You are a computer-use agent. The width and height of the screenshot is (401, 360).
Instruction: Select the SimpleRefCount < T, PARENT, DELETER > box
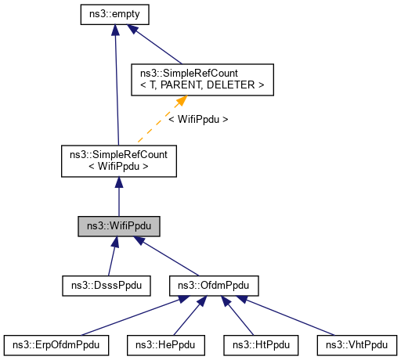click(201, 79)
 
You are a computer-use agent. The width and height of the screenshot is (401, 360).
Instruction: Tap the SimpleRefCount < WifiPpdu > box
click(119, 160)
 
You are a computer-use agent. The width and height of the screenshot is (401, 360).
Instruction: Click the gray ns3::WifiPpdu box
click(119, 226)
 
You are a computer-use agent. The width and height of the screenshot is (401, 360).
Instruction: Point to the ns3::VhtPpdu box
click(356, 344)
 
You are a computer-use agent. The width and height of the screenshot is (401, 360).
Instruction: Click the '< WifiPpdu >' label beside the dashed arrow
click(198, 121)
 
